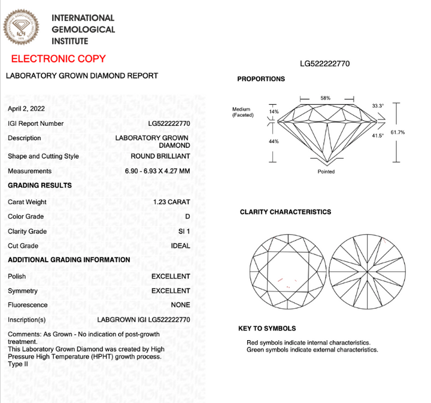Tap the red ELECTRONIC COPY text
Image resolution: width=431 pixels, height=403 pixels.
pyautogui.click(x=59, y=59)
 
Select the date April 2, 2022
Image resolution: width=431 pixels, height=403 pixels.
pyautogui.click(x=26, y=109)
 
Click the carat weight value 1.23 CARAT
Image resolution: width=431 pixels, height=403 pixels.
pyautogui.click(x=172, y=202)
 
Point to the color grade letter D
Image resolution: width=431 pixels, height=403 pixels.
pyautogui.click(x=187, y=216)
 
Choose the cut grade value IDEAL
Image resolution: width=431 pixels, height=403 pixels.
pyautogui.click(x=180, y=246)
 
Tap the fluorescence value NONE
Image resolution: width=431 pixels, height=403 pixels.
pyautogui.click(x=180, y=305)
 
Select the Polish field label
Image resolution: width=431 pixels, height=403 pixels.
pyautogui.click(x=17, y=277)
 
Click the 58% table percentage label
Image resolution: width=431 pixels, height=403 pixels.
pyautogui.click(x=325, y=98)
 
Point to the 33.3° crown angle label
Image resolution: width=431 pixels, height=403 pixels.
pyautogui.click(x=377, y=106)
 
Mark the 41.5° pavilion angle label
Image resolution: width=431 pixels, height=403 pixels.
pyautogui.click(x=377, y=136)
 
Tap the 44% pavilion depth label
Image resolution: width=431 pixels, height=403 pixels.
pyautogui.click(x=274, y=142)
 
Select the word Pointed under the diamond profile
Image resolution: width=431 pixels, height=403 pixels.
pyautogui.click(x=326, y=171)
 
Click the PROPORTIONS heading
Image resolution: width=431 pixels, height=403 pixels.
pyautogui.click(x=261, y=79)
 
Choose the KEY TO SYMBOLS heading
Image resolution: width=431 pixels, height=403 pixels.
pyautogui.click(x=267, y=329)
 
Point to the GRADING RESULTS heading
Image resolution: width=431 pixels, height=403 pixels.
pyautogui.click(x=40, y=186)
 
